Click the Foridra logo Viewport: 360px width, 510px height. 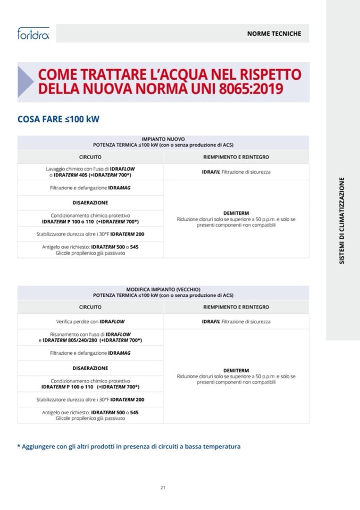[33, 34]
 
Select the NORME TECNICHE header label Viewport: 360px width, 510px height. [274, 34]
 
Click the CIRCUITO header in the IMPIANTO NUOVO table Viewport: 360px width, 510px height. [90, 157]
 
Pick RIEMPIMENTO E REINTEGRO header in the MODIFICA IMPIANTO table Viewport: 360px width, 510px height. [236, 307]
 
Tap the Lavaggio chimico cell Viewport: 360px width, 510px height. [90, 171]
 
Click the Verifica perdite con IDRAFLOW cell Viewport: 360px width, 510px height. [90, 321]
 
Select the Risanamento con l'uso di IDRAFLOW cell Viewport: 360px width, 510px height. [90, 337]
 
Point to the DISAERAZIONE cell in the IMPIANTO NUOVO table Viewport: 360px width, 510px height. [90, 203]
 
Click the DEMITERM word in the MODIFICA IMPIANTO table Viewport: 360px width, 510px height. [236, 371]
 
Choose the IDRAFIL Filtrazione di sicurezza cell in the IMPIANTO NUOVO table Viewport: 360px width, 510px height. [236, 172]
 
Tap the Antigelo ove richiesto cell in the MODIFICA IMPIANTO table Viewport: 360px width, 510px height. [90, 415]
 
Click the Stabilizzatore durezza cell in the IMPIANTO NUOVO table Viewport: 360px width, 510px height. [90, 234]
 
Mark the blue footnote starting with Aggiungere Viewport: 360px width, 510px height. [129, 446]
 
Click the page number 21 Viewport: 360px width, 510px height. [163, 487]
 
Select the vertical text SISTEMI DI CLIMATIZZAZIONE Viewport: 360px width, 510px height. [342, 221]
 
